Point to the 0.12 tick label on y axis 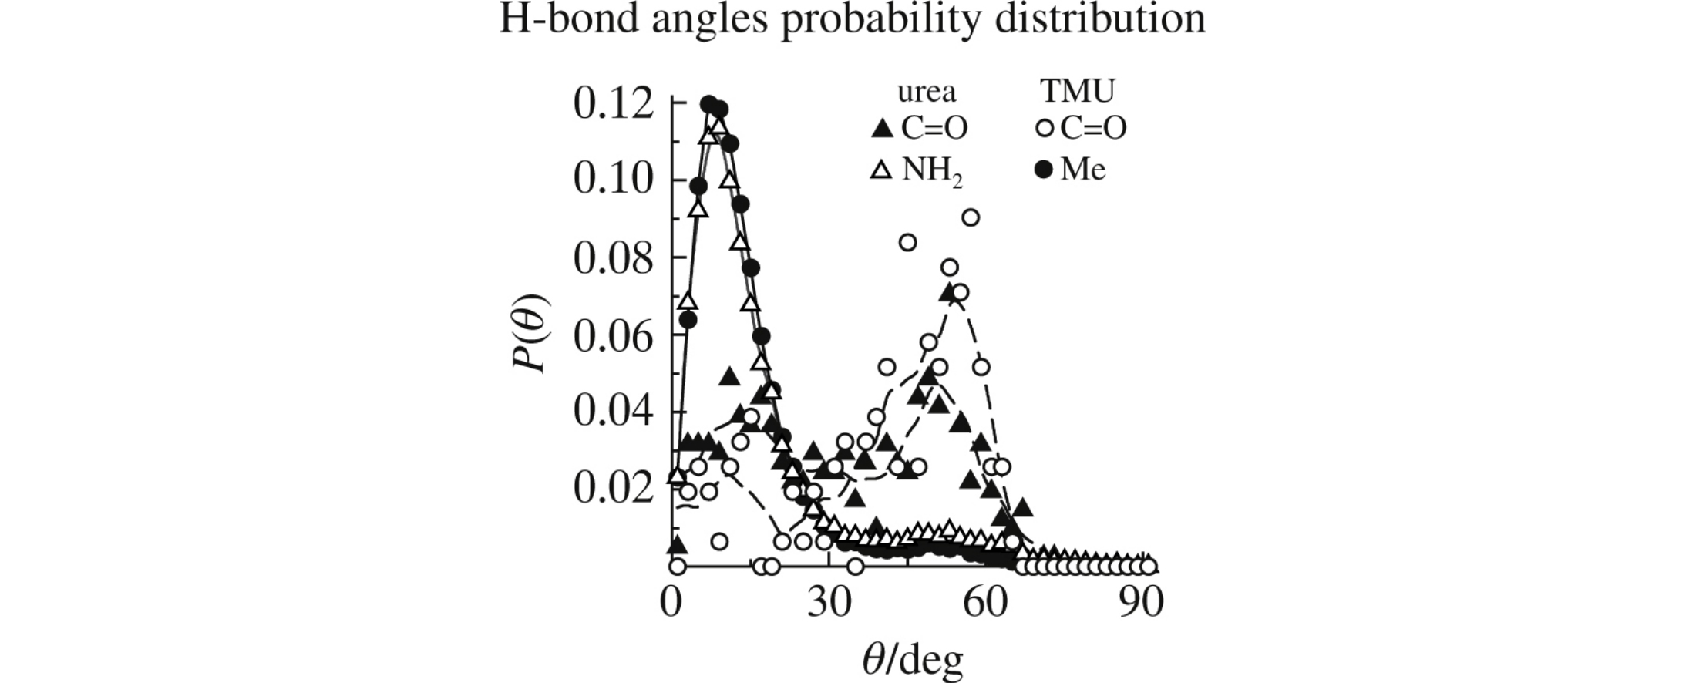[614, 105]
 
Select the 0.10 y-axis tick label [614, 180]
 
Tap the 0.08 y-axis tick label [614, 258]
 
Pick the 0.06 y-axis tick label [614, 335]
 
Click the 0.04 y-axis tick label [614, 411]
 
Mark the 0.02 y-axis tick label [614, 488]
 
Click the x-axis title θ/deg [912, 661]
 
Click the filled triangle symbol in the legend [880, 130]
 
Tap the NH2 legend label [932, 170]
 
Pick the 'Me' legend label [1082, 170]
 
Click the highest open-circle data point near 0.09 [971, 218]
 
